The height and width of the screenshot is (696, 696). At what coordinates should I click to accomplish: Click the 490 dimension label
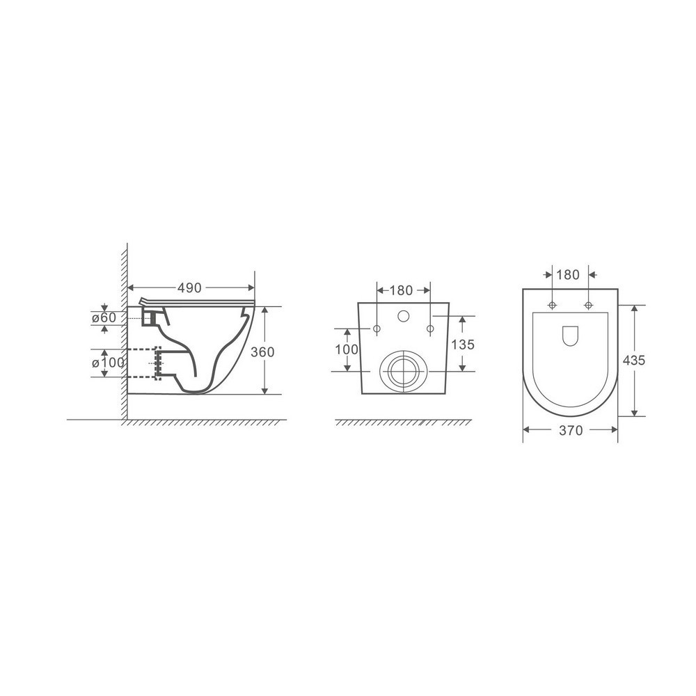(189, 288)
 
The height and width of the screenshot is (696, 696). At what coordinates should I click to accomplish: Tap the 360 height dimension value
(262, 352)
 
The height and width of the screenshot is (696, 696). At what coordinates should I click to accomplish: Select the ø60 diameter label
(104, 318)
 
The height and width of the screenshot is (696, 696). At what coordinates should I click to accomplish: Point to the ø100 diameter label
(109, 363)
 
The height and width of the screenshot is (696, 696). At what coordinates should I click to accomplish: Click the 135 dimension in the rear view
(463, 345)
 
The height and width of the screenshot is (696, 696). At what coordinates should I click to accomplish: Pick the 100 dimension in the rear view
(347, 349)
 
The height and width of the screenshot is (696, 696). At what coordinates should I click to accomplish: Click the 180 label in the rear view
(402, 290)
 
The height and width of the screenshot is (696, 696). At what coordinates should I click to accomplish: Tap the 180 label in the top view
(568, 275)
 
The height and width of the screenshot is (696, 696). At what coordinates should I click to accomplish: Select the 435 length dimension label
(633, 361)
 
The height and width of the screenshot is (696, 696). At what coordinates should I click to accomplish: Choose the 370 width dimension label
(571, 430)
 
